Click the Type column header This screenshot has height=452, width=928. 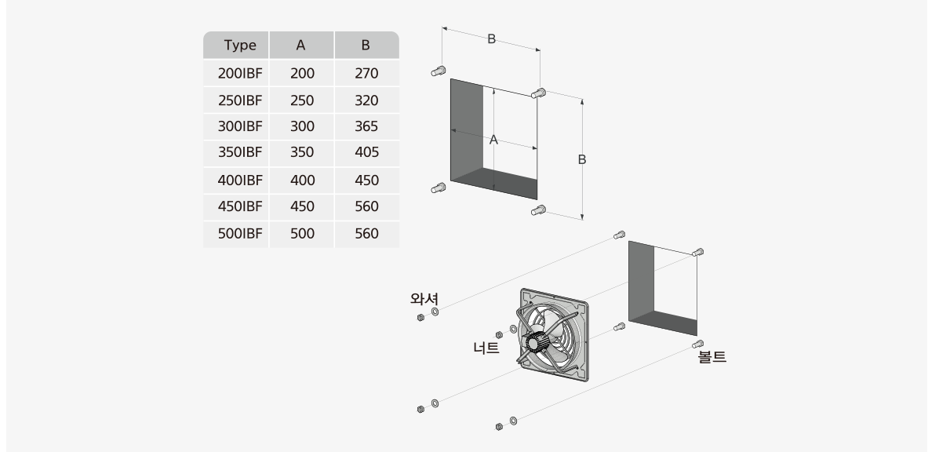240,45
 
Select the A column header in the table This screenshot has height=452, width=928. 300,45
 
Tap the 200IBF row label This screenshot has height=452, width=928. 240,74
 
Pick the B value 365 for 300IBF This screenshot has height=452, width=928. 366,127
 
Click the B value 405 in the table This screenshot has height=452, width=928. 366,153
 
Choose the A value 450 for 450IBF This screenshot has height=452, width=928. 302,206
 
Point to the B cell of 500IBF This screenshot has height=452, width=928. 366,234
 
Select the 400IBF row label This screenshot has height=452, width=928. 240,180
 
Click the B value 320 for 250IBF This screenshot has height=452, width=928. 366,100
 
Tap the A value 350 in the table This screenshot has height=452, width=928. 302,153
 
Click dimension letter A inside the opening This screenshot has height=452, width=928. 493,140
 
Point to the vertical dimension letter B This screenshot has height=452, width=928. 582,159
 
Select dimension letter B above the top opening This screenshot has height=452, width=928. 491,39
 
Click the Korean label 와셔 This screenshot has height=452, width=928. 424,298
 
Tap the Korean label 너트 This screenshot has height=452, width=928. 486,348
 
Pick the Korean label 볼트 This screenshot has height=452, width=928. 712,356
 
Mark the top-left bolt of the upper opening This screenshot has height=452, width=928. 439,71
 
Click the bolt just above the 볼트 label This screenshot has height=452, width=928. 698,344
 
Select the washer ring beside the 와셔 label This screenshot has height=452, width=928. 435,312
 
